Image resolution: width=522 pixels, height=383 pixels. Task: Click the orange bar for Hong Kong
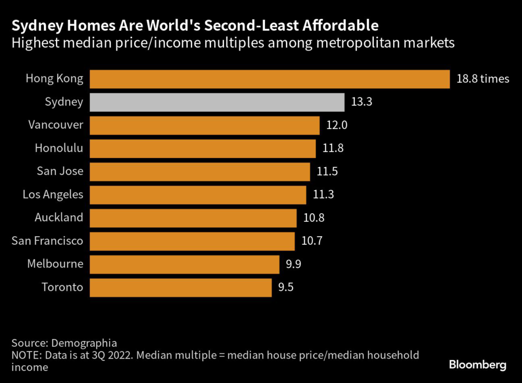click(x=270, y=79)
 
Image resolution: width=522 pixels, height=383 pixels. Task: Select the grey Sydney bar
click(x=217, y=102)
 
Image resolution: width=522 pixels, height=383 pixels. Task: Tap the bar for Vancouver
click(x=204, y=125)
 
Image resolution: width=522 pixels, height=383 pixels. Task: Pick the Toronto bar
click(x=181, y=287)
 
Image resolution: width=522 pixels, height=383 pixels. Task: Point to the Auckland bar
click(x=193, y=218)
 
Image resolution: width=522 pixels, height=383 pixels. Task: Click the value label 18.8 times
click(x=483, y=79)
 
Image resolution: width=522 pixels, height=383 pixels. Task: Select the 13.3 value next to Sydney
click(x=362, y=102)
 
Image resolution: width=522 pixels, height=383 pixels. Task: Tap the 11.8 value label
click(x=333, y=148)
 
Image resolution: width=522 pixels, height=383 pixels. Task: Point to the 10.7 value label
click(x=312, y=241)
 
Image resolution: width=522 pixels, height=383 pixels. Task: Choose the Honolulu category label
click(x=59, y=148)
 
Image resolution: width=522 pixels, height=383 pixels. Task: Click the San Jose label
click(x=60, y=171)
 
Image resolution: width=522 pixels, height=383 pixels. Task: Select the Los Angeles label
click(x=53, y=194)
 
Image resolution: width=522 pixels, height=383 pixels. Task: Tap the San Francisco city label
click(x=47, y=241)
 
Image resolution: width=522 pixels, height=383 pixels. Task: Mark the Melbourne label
click(x=55, y=264)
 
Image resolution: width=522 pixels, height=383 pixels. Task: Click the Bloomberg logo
click(x=477, y=365)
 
